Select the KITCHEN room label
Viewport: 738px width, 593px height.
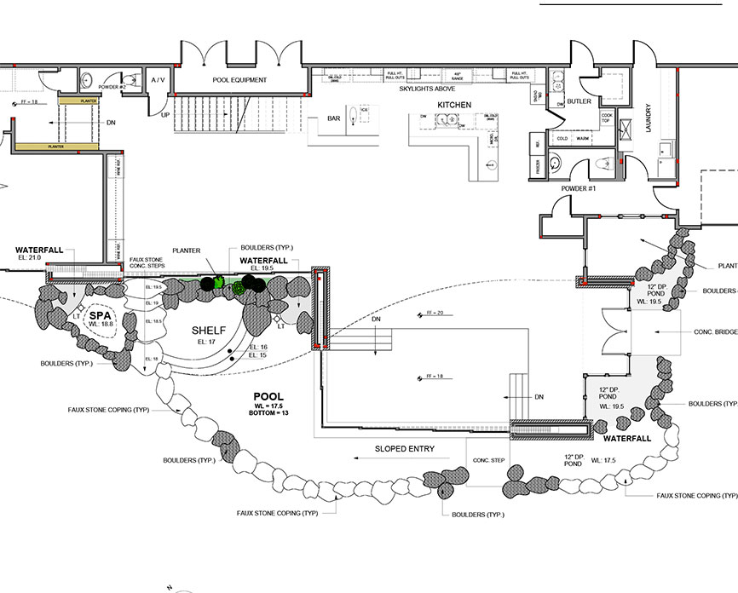pos(454,104)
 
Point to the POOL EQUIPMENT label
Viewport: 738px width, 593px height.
pos(239,80)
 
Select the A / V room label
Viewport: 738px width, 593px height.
pos(158,80)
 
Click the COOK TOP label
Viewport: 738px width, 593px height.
pos(607,118)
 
